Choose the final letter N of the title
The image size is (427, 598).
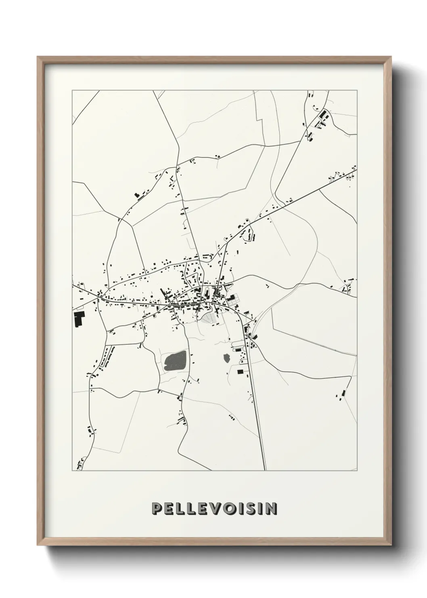pos(272,509)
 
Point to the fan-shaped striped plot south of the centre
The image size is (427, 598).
pos(209,319)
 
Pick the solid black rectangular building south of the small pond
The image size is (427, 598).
pos(240,371)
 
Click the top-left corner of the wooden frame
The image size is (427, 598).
pos(38,57)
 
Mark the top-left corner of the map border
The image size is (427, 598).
pos(72,91)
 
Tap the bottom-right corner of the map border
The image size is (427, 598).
pos(357,471)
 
